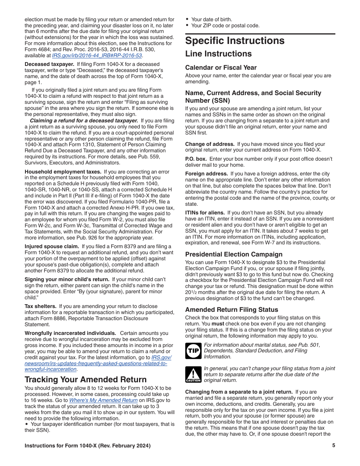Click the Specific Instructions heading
point(235,41)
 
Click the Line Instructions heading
point(218,54)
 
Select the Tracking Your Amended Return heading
point(86,380)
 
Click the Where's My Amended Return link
point(103,400)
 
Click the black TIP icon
point(193,351)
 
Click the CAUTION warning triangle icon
point(193,374)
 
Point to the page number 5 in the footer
point(333,446)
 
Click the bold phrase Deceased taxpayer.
point(49,64)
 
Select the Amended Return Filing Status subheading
point(232,310)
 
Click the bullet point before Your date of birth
point(187,19)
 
